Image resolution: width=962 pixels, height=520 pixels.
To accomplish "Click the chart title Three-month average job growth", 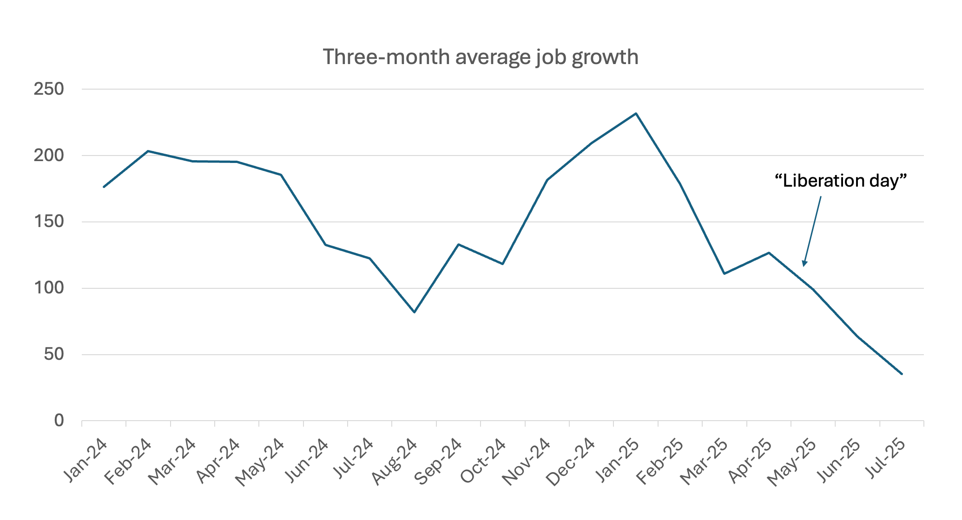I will [481, 57].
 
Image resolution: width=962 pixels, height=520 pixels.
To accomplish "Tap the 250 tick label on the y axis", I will [48, 89].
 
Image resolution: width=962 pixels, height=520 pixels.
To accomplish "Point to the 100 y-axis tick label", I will [48, 288].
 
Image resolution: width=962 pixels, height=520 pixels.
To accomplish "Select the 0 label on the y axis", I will [59, 421].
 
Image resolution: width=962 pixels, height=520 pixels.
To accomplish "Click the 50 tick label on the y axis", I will [53, 355].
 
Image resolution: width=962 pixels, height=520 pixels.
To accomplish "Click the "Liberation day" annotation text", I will [841, 181].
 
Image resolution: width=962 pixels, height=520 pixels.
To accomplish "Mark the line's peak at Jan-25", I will [636, 113].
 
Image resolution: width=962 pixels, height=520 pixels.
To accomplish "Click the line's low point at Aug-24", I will [414, 312].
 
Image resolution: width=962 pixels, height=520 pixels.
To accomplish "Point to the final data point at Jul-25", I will [902, 374].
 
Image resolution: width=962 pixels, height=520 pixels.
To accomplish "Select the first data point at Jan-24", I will [104, 187].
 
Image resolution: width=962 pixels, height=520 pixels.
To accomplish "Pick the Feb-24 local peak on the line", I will [148, 151].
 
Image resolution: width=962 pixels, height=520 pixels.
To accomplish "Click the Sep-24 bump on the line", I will [458, 244].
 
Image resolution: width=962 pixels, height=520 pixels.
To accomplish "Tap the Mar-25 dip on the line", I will [724, 273].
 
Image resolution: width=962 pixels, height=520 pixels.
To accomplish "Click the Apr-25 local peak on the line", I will [769, 253].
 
